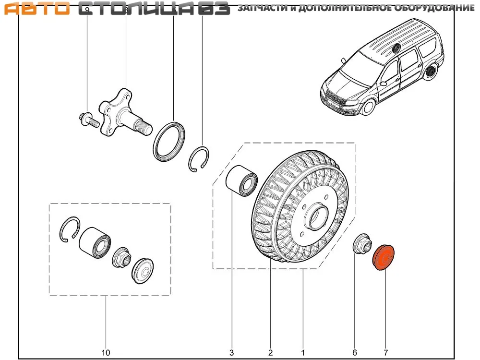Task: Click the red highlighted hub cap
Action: (x=384, y=258)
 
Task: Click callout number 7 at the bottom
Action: (x=385, y=353)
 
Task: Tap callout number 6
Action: (x=355, y=353)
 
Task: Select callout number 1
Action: (x=303, y=353)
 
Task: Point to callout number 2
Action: (x=271, y=353)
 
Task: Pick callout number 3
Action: (x=232, y=353)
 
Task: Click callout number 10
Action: (x=106, y=353)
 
